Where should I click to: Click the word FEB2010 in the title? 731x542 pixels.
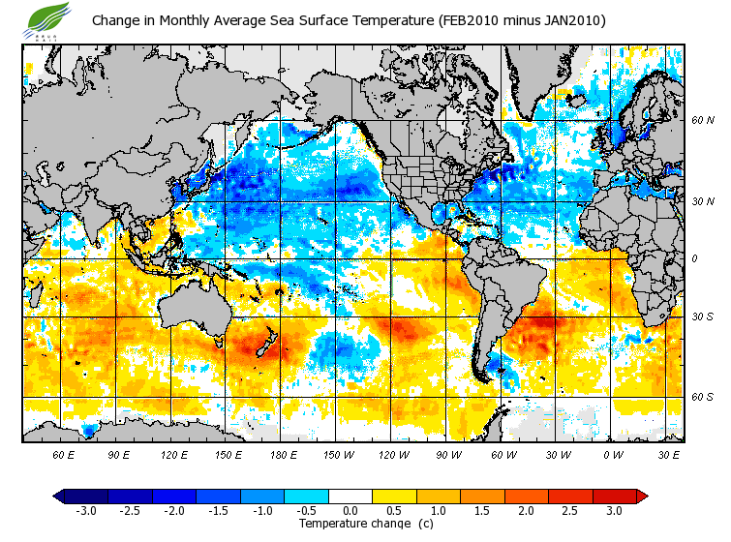click(466, 20)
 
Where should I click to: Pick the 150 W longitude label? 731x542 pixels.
click(338, 454)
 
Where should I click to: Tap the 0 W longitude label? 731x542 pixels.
click(612, 454)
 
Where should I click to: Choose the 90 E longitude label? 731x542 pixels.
click(119, 454)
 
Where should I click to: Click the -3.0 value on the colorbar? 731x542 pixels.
click(85, 511)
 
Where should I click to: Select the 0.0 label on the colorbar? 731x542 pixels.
click(350, 511)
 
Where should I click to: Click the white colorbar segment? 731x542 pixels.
click(350, 496)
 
